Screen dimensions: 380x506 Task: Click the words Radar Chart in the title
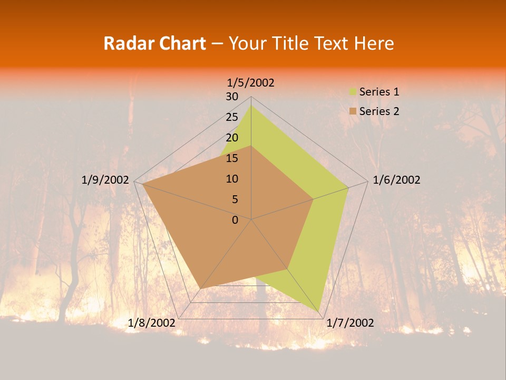click(154, 43)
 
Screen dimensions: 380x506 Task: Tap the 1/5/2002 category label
click(250, 83)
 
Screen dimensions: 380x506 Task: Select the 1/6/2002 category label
click(396, 180)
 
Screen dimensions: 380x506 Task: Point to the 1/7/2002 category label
click(350, 323)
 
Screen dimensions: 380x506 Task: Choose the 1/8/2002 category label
click(151, 323)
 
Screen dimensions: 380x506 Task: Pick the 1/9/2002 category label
click(105, 180)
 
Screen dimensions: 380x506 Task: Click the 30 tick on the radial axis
click(231, 97)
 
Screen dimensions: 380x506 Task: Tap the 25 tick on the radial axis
click(231, 117)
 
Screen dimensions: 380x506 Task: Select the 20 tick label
click(231, 138)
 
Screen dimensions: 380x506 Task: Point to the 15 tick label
click(231, 158)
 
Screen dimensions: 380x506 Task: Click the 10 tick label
click(231, 179)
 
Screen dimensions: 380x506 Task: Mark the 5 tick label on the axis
click(235, 199)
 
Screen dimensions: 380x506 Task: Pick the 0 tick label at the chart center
click(235, 220)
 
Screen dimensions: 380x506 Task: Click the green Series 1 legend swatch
click(353, 92)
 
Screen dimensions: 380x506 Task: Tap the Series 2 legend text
click(379, 111)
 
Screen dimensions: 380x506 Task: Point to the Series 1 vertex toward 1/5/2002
click(251, 106)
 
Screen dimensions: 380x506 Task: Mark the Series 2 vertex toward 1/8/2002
click(200, 289)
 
